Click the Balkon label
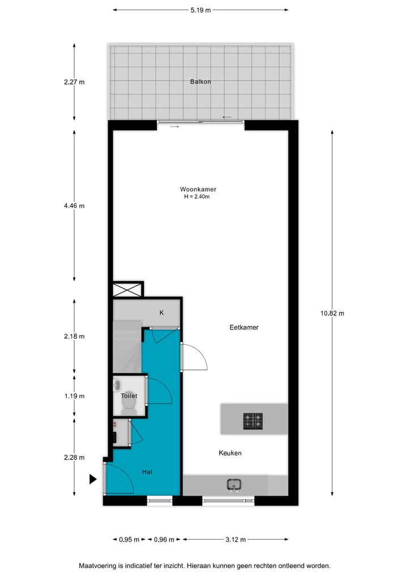tap(201, 82)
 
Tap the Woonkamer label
tap(198, 189)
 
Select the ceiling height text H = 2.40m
tap(197, 197)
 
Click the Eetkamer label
tap(244, 327)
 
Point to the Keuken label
tap(231, 453)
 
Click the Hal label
tap(147, 471)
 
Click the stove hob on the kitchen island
tap(253, 420)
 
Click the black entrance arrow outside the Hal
tap(93, 479)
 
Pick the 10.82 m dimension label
tap(332, 313)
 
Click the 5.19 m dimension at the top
tap(201, 10)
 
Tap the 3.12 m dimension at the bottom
tap(235, 540)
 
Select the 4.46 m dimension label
tap(74, 206)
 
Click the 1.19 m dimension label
tap(74, 396)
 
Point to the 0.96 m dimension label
tap(164, 540)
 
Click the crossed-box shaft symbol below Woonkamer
tap(127, 290)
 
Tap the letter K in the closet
tap(161, 312)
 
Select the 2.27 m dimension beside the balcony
tap(74, 82)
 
